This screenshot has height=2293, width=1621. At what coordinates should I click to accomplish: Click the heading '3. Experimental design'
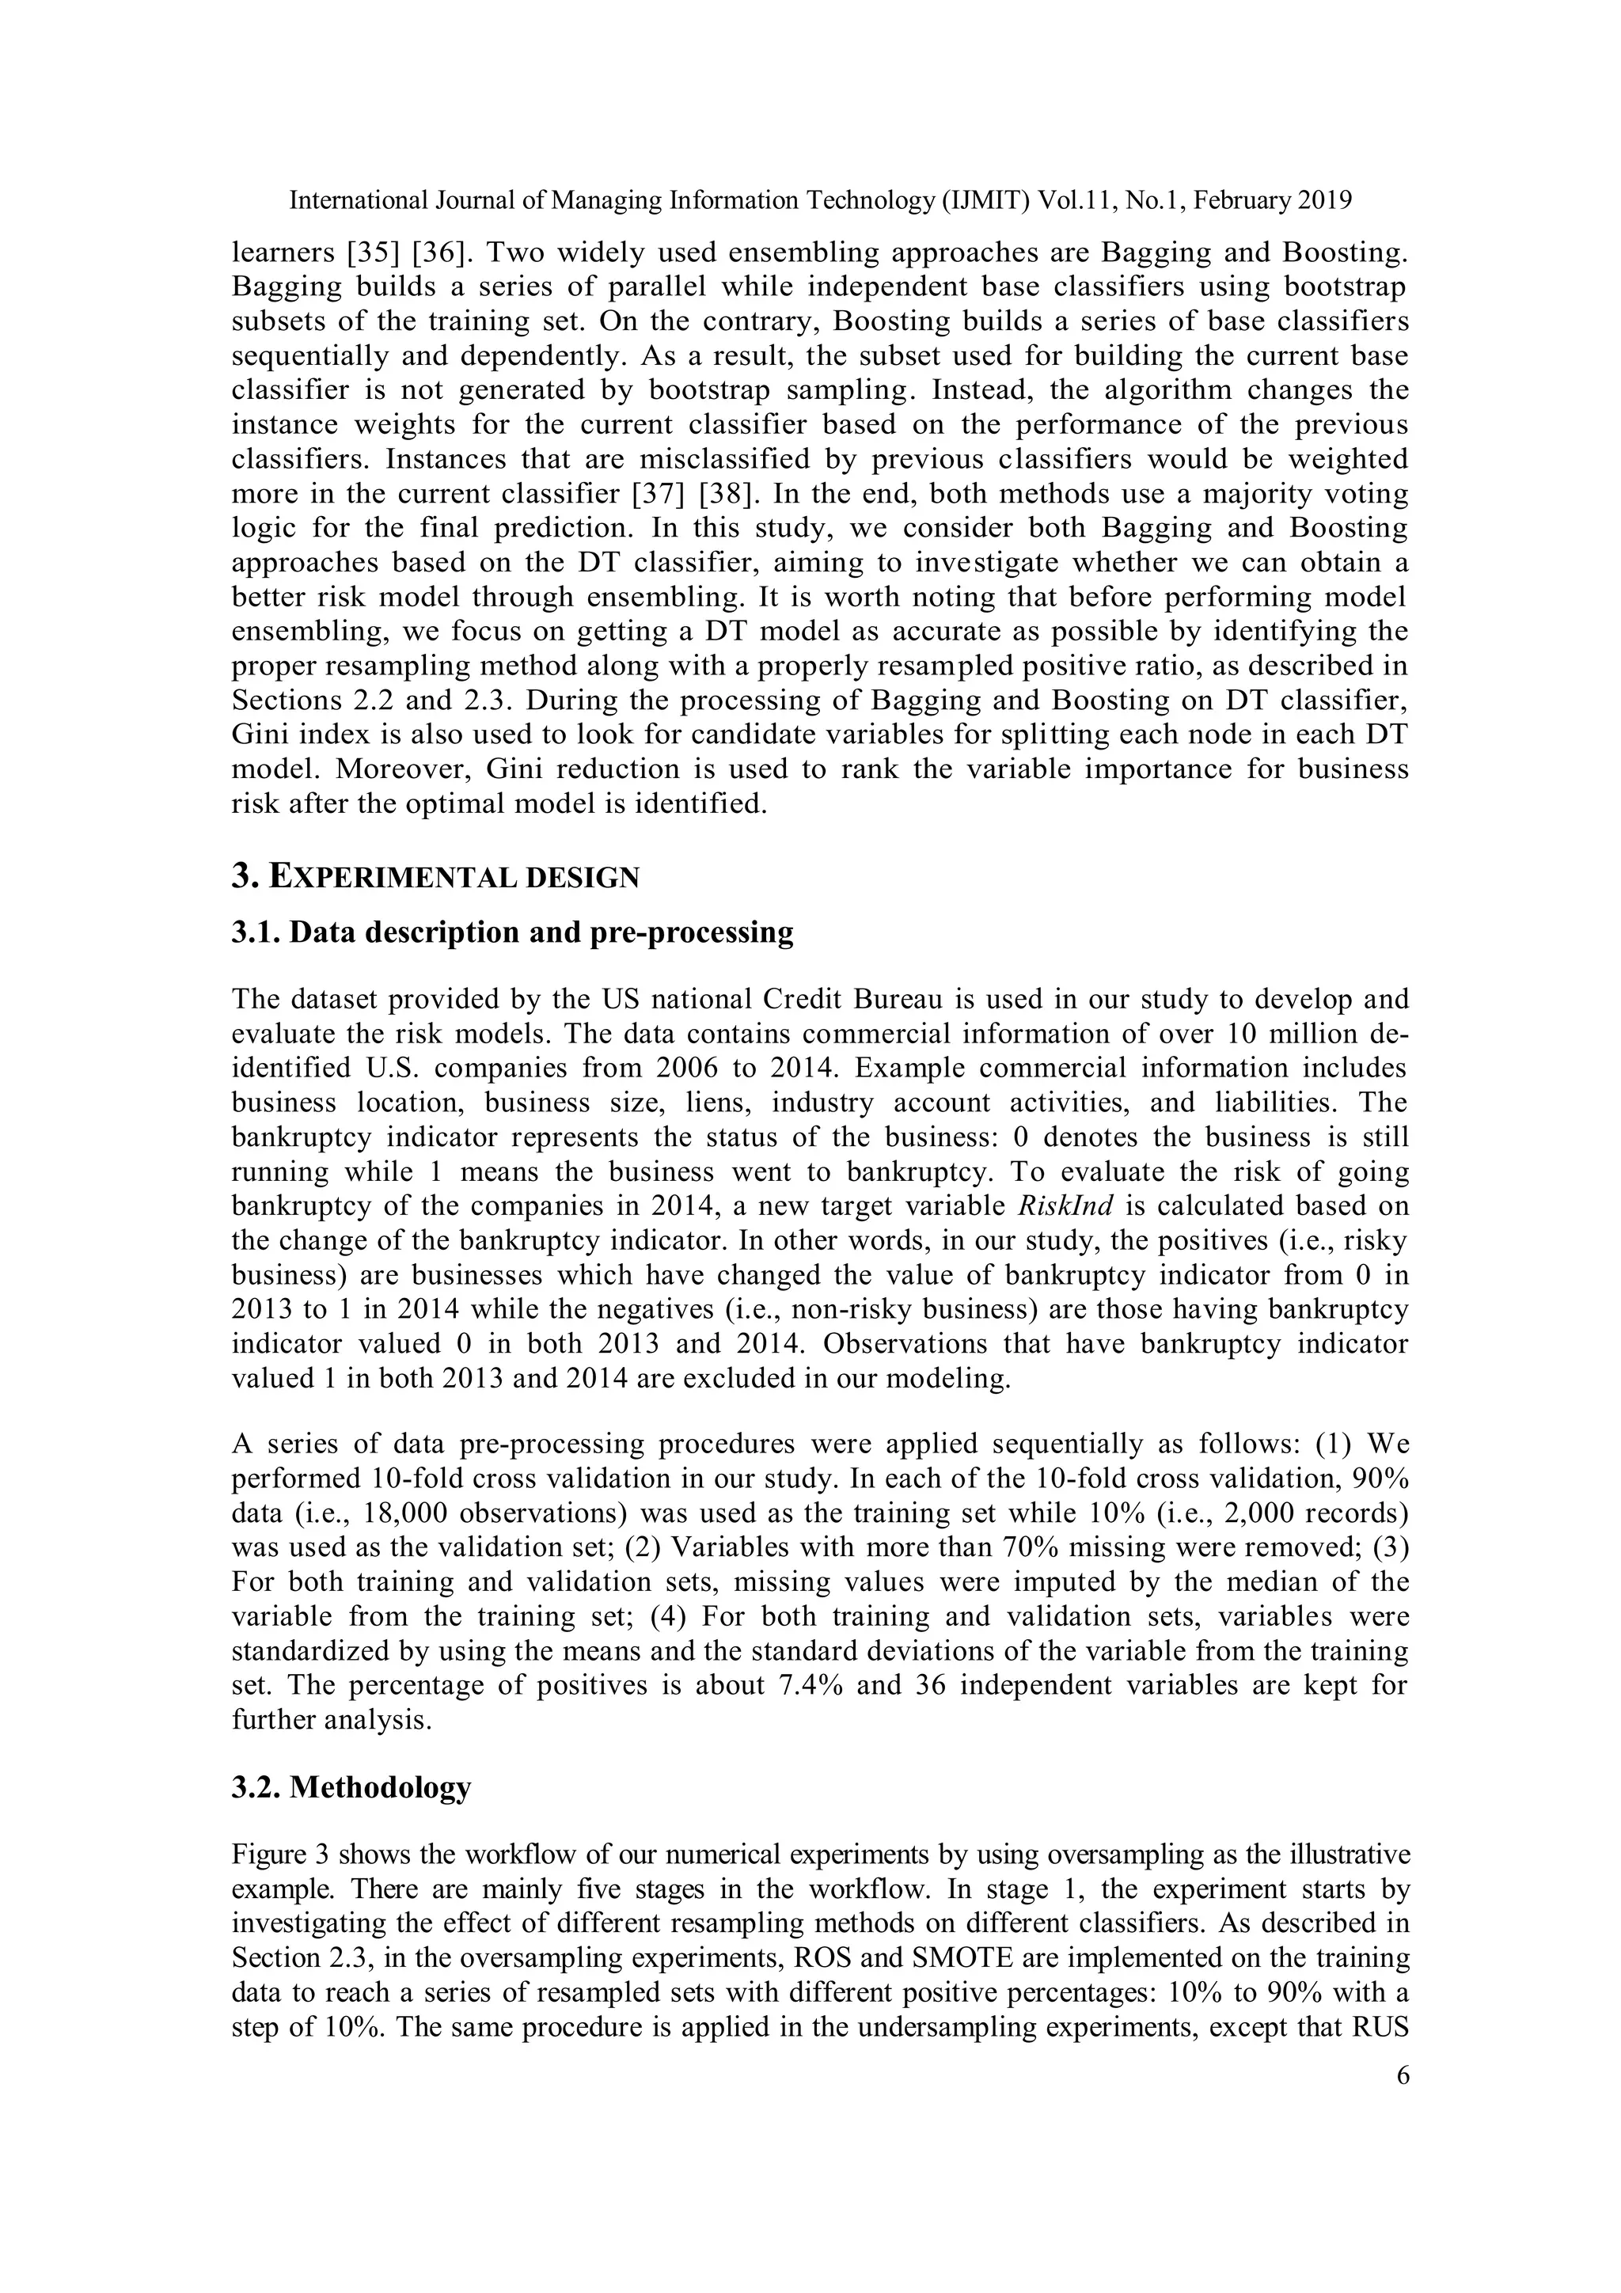(435, 877)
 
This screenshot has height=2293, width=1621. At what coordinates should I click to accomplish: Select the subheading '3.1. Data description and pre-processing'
(512, 932)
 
